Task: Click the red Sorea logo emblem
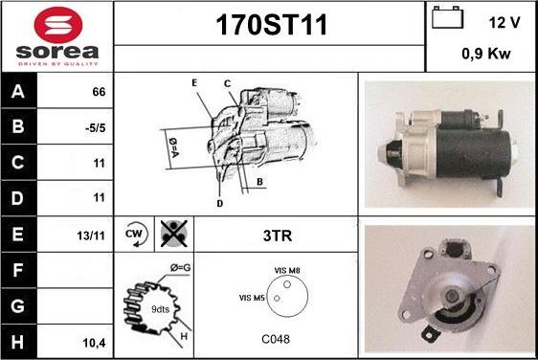58,25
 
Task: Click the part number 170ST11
271,25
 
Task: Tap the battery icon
447,17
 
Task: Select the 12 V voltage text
504,23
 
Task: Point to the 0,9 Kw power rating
486,54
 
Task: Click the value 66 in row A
99,92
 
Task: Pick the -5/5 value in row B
95,128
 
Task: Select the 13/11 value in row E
91,236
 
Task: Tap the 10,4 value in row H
94,343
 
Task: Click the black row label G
18,305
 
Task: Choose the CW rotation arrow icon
136,235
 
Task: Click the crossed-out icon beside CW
174,234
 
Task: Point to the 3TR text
278,236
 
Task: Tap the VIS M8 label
287,271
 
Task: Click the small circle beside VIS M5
277,299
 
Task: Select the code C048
276,339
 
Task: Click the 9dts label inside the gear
160,309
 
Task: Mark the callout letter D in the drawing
220,204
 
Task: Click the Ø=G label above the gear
181,268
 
